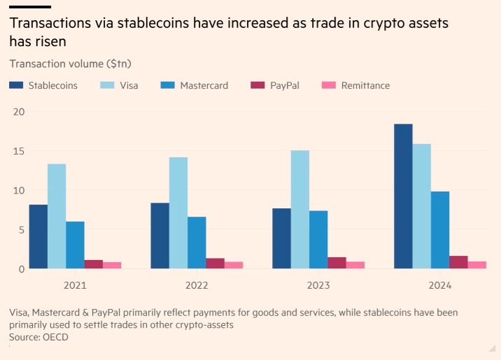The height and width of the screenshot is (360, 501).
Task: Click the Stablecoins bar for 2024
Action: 403,196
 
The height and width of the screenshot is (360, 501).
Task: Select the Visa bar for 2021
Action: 57,216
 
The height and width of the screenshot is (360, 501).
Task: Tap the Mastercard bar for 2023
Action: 318,240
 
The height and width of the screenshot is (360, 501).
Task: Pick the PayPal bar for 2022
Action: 215,264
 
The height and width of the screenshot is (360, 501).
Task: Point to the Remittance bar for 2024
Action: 477,265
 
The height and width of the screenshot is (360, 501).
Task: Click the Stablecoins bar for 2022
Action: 160,236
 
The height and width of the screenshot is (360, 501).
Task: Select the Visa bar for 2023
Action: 300,210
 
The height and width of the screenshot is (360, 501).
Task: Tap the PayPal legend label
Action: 285,85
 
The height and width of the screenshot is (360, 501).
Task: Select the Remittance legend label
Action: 365,85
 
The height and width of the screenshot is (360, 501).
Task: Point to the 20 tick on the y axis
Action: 19,112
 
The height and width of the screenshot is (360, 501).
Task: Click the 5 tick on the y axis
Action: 22,230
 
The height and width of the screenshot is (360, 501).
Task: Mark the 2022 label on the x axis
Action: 197,285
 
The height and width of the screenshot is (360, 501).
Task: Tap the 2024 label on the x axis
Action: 440,285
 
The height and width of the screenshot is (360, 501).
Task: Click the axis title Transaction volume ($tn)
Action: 71,64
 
